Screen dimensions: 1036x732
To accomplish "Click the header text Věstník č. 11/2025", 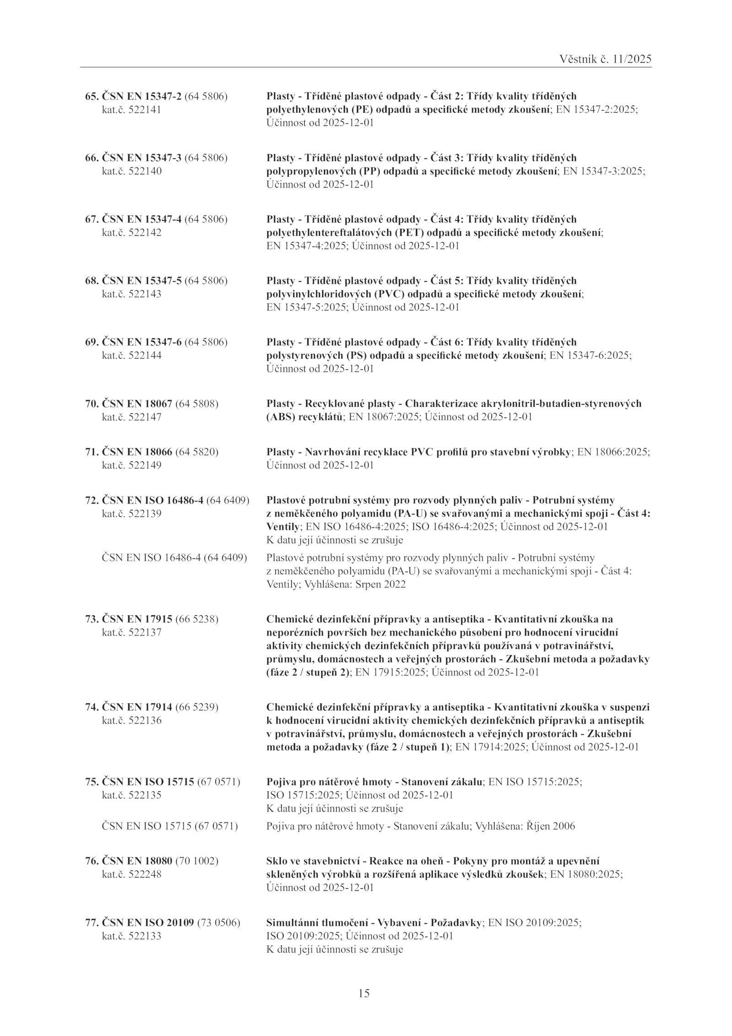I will pos(605,60).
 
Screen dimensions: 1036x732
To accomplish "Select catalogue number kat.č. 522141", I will pos(131,110).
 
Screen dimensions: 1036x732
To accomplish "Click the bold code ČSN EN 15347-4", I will pos(141,219).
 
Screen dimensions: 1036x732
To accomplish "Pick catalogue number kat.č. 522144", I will pos(131,355).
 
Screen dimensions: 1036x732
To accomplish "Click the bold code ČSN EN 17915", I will pos(137,619).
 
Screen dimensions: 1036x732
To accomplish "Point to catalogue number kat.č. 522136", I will pos(131,721).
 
